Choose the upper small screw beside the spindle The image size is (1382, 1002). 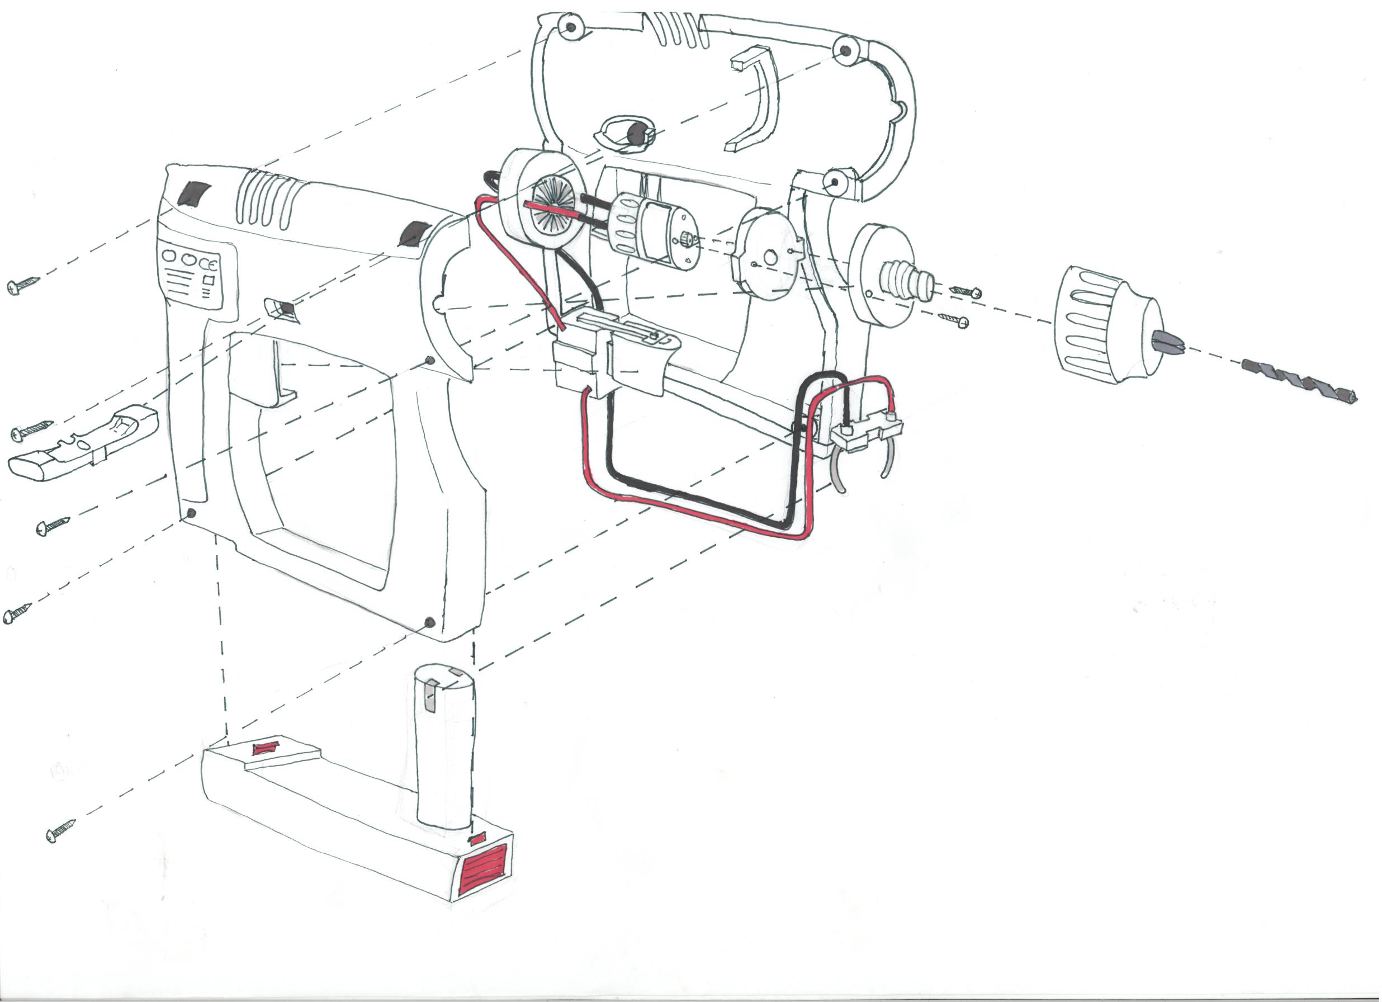[x=966, y=292]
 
